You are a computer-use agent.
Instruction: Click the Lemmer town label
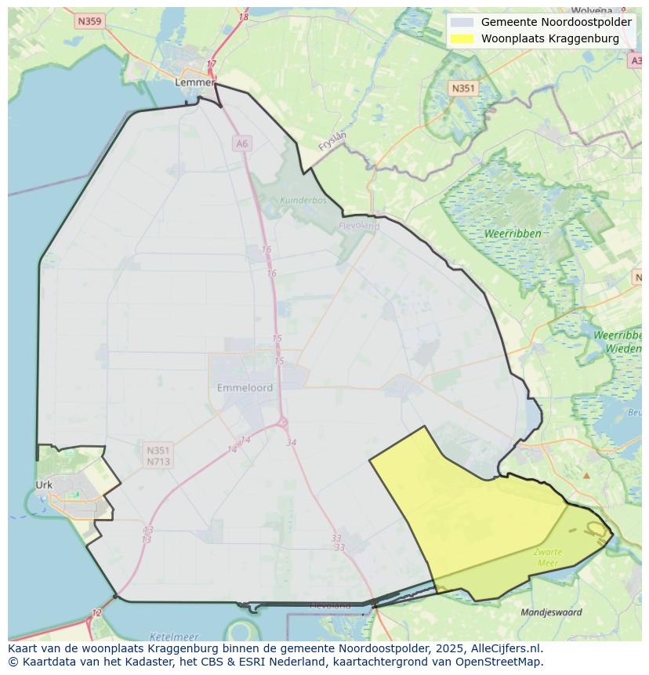pos(194,82)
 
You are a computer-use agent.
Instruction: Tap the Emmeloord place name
pos(245,388)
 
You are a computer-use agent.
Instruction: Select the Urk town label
pos(44,484)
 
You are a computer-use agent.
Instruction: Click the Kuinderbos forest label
pos(303,200)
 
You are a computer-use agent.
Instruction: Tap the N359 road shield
pos(90,21)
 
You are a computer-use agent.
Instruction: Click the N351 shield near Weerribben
pos(463,89)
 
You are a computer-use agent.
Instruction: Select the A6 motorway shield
pos(241,143)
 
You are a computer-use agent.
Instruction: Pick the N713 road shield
pos(158,462)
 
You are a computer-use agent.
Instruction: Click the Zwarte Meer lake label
pos(548,557)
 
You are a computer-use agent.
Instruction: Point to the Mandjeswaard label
pos(552,612)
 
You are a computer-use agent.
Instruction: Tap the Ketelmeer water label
pos(174,637)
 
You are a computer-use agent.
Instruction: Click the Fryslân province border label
pos(332,141)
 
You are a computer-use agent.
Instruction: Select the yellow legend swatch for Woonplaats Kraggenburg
pos(462,38)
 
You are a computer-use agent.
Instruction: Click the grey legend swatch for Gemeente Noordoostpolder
pos(462,22)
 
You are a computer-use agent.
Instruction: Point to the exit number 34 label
pos(292,443)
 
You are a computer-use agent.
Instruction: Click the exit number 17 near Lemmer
pos(211,64)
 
